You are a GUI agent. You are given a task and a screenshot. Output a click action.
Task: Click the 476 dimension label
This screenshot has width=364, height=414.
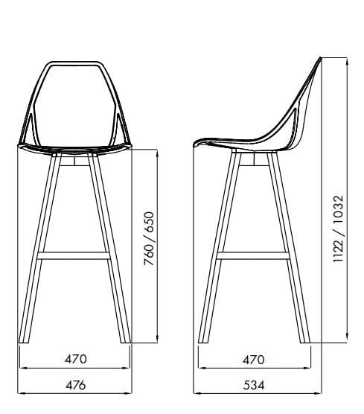coord(75,385)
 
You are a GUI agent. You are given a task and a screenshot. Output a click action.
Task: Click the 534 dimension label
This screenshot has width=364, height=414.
coord(253,385)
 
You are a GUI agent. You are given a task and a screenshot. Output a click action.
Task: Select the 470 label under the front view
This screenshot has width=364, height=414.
coord(75,359)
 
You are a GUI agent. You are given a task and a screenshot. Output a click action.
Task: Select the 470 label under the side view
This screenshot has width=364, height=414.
coord(253,359)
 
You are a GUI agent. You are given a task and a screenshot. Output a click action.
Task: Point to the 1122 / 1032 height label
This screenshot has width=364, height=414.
coord(339,232)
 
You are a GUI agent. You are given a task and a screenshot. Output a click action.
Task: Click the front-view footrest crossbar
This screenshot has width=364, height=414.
coord(74,255)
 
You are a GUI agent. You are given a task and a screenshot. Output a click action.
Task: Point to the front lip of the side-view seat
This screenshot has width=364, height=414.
coord(196,144)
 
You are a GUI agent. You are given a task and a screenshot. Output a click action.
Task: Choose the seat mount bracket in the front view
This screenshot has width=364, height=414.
coord(74,159)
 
